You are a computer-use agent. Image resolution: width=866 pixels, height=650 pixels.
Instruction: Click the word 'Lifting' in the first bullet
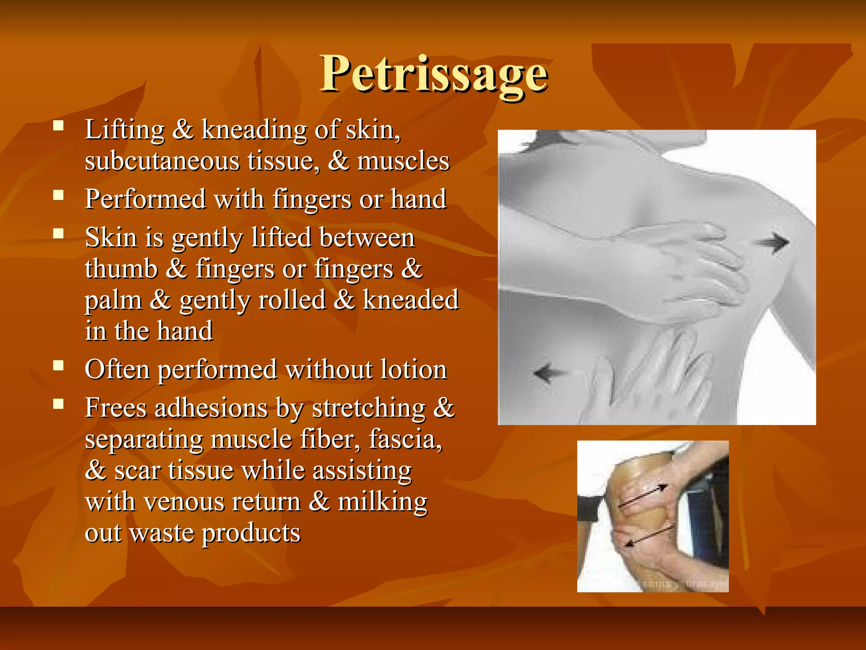[124, 129]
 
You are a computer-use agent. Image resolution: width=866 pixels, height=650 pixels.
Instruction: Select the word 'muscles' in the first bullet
[403, 161]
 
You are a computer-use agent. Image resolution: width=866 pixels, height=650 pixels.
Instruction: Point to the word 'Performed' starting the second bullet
[145, 199]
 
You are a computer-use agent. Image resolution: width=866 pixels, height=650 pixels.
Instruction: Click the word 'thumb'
[121, 269]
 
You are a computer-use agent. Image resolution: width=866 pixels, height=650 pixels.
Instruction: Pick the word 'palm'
[113, 300]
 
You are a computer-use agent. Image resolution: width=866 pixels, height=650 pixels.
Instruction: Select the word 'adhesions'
[211, 408]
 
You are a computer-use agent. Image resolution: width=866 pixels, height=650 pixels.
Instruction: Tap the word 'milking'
[383, 502]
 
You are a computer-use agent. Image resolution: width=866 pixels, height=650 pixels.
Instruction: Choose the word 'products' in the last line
[251, 533]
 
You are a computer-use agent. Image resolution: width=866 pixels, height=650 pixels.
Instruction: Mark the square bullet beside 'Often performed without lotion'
[58, 365]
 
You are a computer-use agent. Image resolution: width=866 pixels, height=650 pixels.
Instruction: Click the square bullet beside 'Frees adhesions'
[58, 404]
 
